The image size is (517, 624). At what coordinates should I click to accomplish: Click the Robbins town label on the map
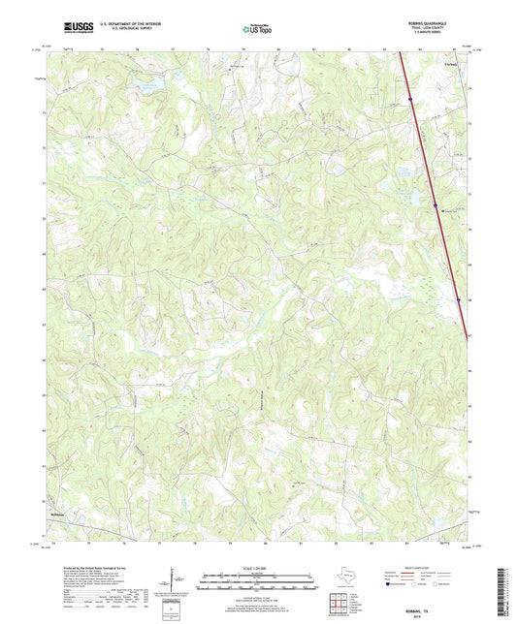tap(57, 514)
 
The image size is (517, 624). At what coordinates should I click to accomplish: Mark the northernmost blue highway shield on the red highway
tap(411, 97)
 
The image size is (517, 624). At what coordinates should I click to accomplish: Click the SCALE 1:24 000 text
tap(257, 567)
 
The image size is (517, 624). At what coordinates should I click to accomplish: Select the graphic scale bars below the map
tap(257, 581)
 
